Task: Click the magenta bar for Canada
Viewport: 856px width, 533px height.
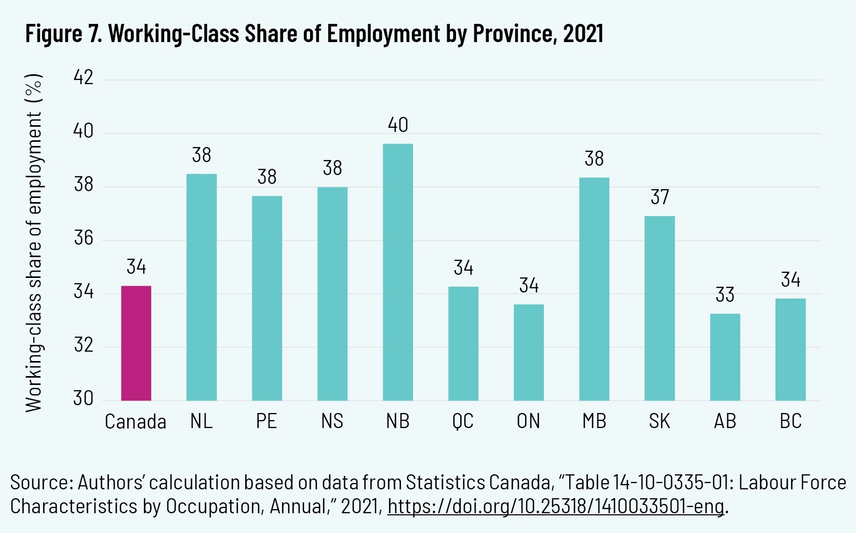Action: coord(136,343)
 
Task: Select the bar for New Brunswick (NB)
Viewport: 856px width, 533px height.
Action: coord(398,272)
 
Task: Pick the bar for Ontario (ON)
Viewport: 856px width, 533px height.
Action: coord(529,353)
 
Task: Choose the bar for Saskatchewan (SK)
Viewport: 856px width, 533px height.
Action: coord(660,309)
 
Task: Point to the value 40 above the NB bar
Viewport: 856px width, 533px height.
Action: coord(398,125)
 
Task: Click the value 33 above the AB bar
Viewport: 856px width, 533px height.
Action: coord(725,295)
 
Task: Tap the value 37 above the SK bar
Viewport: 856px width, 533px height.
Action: coord(660,197)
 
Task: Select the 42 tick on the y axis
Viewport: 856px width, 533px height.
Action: coord(84,78)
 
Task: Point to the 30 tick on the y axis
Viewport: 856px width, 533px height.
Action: coord(84,398)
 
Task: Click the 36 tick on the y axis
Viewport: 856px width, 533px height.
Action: coord(84,238)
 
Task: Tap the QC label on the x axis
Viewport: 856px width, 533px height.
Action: coord(463,421)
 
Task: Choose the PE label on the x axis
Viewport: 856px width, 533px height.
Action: coord(266,421)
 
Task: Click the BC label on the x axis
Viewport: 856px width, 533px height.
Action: coord(791,421)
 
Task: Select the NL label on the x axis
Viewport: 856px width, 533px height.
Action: coord(201,421)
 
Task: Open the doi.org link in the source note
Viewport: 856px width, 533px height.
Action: coord(555,506)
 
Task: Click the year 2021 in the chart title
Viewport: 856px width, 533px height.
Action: coord(583,34)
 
